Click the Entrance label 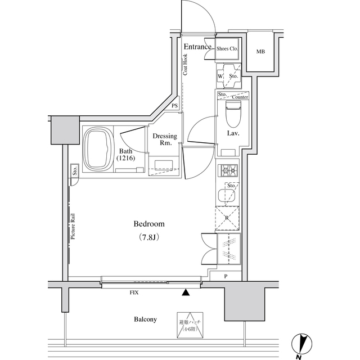pos(197,47)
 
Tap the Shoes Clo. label pos(228,49)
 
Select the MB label pos(260,52)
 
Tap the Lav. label pos(234,134)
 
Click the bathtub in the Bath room pos(98,150)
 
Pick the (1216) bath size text pos(126,159)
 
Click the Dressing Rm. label pos(165,140)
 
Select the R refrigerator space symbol pos(227,219)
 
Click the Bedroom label pos(149,224)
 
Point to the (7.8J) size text pos(149,237)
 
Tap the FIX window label pos(134,293)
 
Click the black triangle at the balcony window pos(186,292)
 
